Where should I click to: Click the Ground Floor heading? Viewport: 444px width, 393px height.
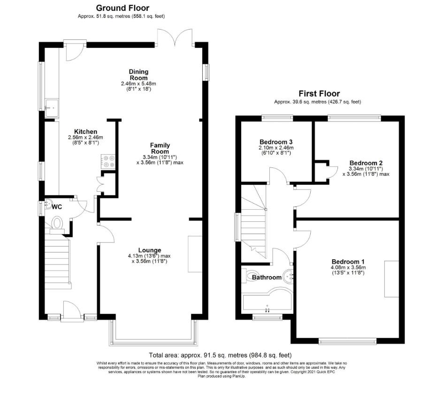(122, 8)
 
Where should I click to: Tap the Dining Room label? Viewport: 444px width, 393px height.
(138, 75)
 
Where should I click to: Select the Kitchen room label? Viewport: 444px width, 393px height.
(86, 132)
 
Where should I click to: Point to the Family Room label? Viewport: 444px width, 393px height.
(160, 149)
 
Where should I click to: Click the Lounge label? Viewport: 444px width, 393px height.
(150, 250)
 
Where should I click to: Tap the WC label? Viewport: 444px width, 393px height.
(57, 207)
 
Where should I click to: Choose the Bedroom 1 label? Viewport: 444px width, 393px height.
(348, 262)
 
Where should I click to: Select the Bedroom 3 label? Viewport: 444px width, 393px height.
(276, 142)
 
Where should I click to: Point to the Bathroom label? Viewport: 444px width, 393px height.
(267, 278)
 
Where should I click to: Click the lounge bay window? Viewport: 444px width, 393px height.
(153, 333)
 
